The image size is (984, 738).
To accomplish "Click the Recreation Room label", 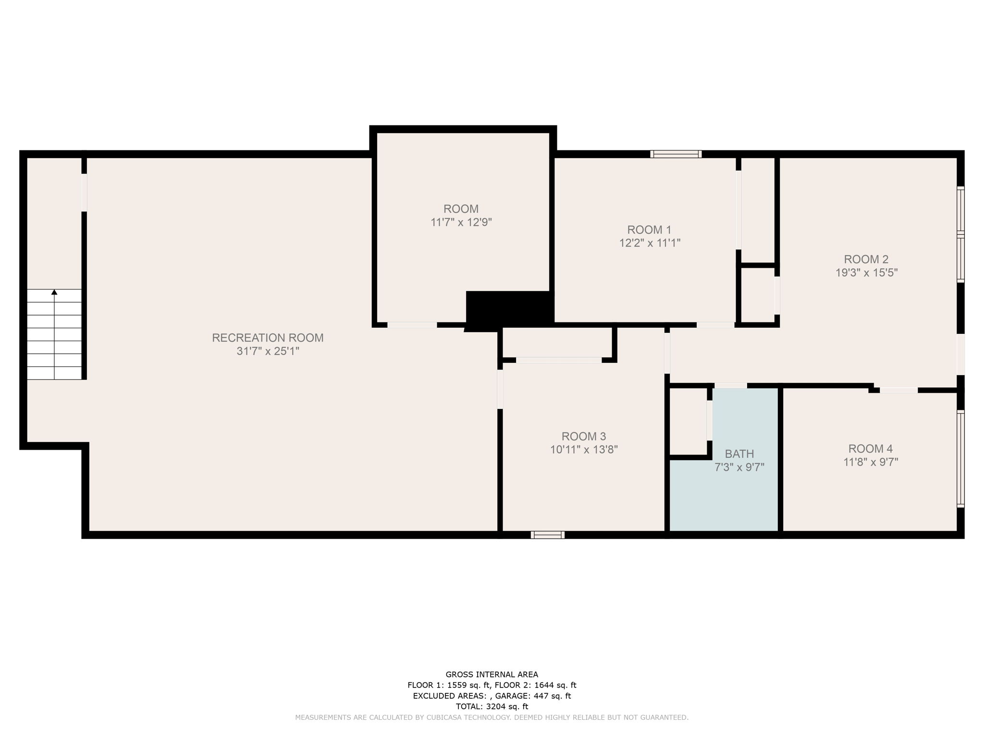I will coord(268,338).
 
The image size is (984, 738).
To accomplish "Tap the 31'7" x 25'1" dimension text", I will coord(268,351).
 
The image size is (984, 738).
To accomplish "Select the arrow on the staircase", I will coord(54,292).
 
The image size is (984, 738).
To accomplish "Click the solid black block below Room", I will coord(509,310).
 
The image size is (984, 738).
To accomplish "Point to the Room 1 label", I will coord(649,230).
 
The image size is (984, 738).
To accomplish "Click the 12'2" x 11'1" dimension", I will coord(650,243).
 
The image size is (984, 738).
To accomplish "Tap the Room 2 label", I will coord(866,259).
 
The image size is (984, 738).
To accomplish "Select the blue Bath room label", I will coord(739,454).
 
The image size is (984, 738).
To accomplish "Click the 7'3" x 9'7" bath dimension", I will coord(739,467).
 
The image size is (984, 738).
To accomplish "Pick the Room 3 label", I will coord(583,437).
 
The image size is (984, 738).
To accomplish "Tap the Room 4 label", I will coord(870,449).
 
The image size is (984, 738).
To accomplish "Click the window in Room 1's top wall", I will coord(676,154).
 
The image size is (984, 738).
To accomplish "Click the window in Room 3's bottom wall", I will coord(547,535).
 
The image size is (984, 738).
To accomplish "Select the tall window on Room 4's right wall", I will coord(960,459).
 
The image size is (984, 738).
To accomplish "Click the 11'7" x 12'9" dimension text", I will coord(461,222).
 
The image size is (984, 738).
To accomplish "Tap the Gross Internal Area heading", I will coord(492,675).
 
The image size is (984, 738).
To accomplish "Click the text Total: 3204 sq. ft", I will coord(492,706).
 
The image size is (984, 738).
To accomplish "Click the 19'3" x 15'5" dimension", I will coord(866,273).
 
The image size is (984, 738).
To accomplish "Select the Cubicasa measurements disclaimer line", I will coord(492,717).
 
